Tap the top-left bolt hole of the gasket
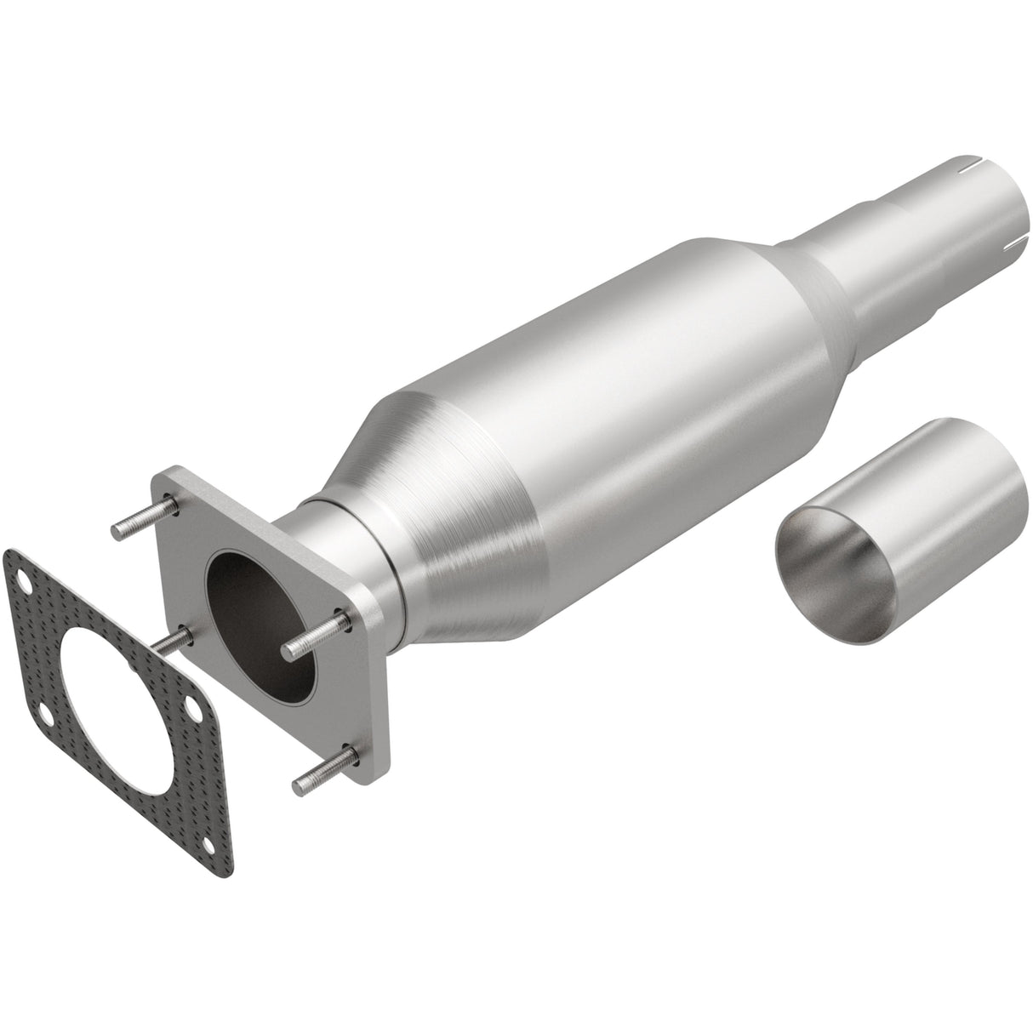pos(26,586)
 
